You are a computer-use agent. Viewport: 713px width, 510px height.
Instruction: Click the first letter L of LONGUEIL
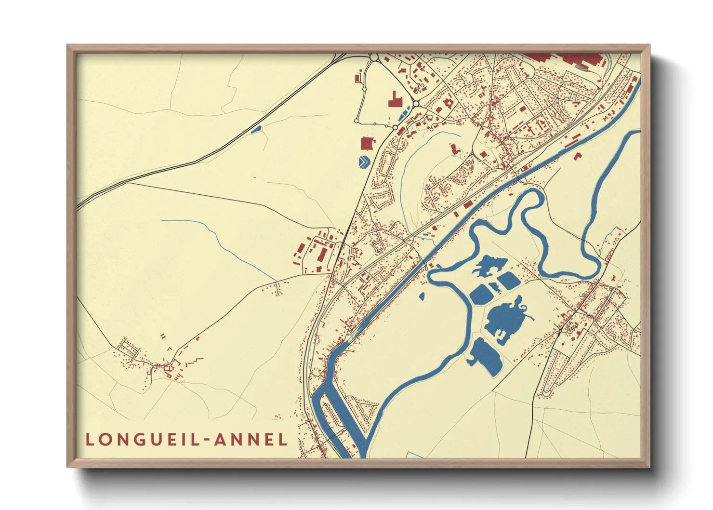click(90, 440)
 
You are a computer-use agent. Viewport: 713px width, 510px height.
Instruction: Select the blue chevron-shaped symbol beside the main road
click(365, 161)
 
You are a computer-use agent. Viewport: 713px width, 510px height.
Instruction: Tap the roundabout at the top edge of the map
click(374, 58)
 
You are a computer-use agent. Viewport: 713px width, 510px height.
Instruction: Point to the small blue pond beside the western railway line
click(256, 129)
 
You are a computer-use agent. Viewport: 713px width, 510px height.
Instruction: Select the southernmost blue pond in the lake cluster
click(486, 356)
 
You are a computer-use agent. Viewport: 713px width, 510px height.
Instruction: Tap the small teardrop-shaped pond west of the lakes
click(422, 296)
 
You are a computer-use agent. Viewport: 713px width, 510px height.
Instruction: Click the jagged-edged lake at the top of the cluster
click(489, 266)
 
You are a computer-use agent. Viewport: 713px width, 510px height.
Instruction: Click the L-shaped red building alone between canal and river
click(578, 156)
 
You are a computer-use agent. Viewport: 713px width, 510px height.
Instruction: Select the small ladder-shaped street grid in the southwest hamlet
click(128, 348)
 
